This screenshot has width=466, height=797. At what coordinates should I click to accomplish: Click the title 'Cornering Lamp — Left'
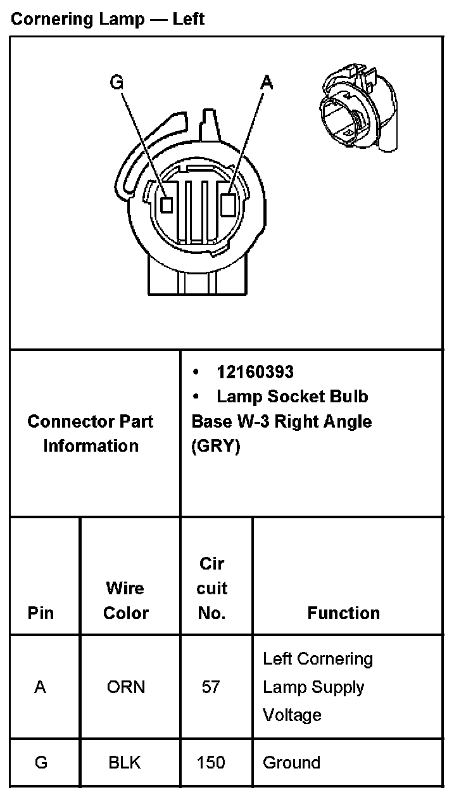click(107, 19)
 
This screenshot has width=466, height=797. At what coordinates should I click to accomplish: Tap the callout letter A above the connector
click(267, 82)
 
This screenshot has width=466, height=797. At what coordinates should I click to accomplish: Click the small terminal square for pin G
click(167, 204)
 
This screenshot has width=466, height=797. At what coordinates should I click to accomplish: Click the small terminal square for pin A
click(229, 203)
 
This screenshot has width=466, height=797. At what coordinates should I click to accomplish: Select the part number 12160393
click(255, 372)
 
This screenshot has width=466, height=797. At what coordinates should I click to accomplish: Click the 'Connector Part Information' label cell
click(91, 433)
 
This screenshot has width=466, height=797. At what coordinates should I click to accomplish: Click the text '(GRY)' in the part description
click(216, 446)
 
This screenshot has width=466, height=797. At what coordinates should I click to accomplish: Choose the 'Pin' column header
click(41, 613)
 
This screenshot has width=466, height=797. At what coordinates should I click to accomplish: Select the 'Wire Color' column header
click(125, 601)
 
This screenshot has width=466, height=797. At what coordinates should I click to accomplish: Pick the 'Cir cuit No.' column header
click(211, 588)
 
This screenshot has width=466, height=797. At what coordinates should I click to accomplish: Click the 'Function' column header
click(343, 613)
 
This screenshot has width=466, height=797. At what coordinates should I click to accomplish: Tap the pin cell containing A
click(41, 687)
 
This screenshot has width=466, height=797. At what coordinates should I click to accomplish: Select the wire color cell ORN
click(125, 687)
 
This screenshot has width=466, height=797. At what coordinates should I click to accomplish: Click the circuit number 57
click(211, 687)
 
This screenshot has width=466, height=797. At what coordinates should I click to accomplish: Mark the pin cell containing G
click(41, 762)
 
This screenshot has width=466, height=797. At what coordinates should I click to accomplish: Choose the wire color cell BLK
click(125, 762)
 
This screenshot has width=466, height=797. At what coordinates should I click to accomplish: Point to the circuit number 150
click(211, 762)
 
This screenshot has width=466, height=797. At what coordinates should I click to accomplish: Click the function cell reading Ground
click(291, 762)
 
